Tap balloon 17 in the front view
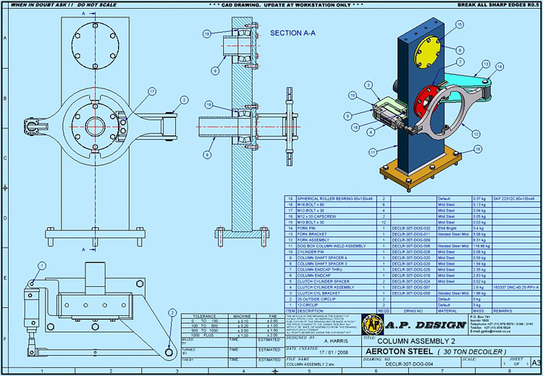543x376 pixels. (152, 91)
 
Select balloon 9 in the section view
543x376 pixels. (215, 70)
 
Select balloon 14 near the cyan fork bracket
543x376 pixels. (500, 67)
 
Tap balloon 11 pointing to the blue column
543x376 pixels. (372, 151)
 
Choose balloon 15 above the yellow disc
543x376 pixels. (459, 24)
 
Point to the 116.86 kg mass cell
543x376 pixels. (460, 246)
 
